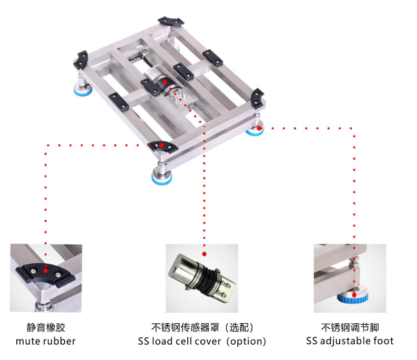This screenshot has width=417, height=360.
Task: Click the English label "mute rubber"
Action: pyautogui.click(x=46, y=341)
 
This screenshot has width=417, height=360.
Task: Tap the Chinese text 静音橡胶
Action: pyautogui.click(x=46, y=327)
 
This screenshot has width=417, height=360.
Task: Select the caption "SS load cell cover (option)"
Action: pyautogui.click(x=202, y=341)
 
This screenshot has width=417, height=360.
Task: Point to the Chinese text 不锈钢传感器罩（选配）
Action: pyautogui.click(x=202, y=327)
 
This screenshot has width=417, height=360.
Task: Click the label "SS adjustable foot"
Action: pyautogui.click(x=350, y=341)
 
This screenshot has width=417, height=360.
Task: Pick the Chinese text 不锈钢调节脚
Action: pyautogui.click(x=350, y=327)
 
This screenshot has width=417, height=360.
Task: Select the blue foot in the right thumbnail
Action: pyautogui.click(x=352, y=299)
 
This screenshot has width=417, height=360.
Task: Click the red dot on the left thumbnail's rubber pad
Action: pyautogui.click(x=46, y=272)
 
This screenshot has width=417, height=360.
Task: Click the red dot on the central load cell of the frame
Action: pyautogui.click(x=165, y=81)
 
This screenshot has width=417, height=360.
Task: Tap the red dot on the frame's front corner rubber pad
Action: pyautogui.click(x=161, y=145)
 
